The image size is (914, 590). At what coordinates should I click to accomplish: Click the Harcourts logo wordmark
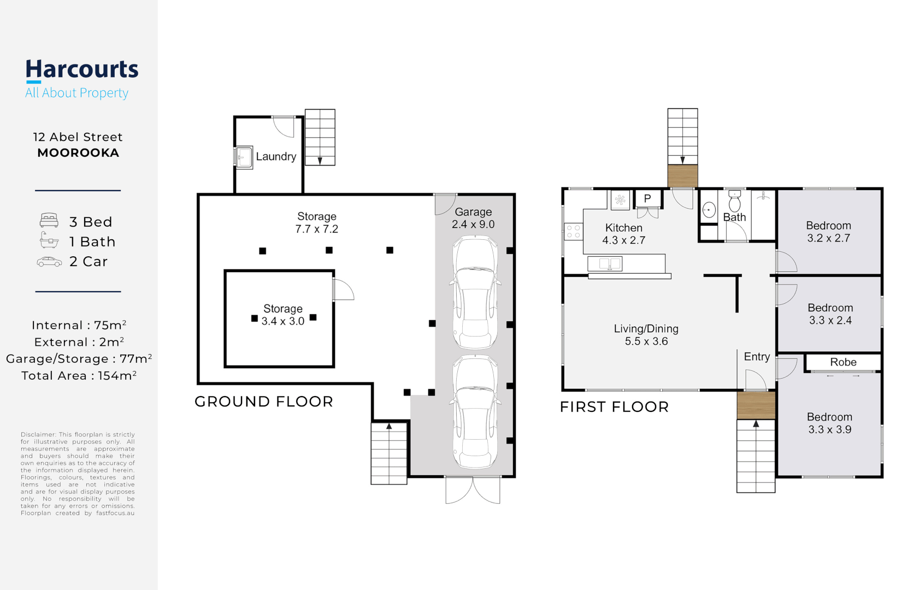pos(82,69)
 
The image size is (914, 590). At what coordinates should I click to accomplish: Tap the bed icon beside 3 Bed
pos(49,220)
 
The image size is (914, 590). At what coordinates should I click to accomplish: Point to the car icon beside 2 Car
pos(49,262)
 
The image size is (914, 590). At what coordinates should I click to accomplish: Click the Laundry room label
pos(276,156)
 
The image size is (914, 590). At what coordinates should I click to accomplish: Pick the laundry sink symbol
pos(244,157)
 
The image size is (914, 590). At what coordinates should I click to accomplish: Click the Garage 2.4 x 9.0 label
pos(473,218)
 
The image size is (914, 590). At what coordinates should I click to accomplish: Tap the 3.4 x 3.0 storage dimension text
pos(283,321)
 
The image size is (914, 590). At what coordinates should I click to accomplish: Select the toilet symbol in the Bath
pos(734,201)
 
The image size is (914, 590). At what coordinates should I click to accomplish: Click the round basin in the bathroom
pos(709,210)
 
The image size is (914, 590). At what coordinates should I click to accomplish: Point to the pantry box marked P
pos(647,199)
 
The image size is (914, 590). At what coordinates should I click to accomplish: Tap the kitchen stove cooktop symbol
pos(574,232)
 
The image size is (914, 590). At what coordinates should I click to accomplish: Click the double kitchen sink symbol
pos(605,263)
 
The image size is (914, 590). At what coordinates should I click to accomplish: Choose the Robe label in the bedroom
pos(843,362)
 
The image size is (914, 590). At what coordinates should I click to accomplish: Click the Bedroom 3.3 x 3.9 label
pos(829,423)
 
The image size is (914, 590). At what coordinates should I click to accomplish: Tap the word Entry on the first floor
pos(757,357)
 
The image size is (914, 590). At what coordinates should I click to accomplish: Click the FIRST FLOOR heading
pos(614,407)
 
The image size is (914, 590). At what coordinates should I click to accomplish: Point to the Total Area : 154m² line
pos(79,375)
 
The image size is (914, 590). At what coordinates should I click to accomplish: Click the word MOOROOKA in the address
pos(78,153)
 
